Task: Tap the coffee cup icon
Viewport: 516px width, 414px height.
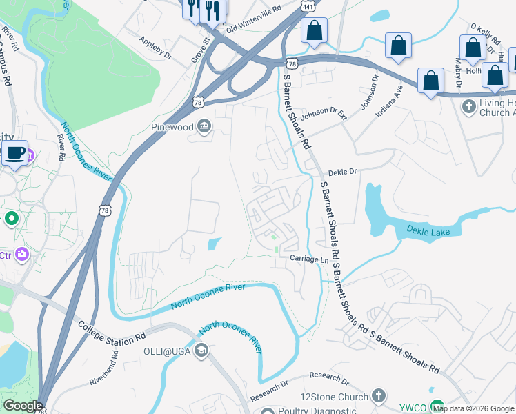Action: point(14,153)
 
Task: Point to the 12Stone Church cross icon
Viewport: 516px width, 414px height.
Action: point(377,395)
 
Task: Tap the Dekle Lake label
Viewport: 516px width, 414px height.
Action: point(428,231)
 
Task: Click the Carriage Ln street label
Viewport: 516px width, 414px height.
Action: point(308,259)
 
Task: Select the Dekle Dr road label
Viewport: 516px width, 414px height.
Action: point(341,172)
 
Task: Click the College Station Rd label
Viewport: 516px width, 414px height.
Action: point(112,333)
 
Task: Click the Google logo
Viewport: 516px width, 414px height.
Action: point(23,406)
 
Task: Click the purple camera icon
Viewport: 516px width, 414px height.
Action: point(22,255)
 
